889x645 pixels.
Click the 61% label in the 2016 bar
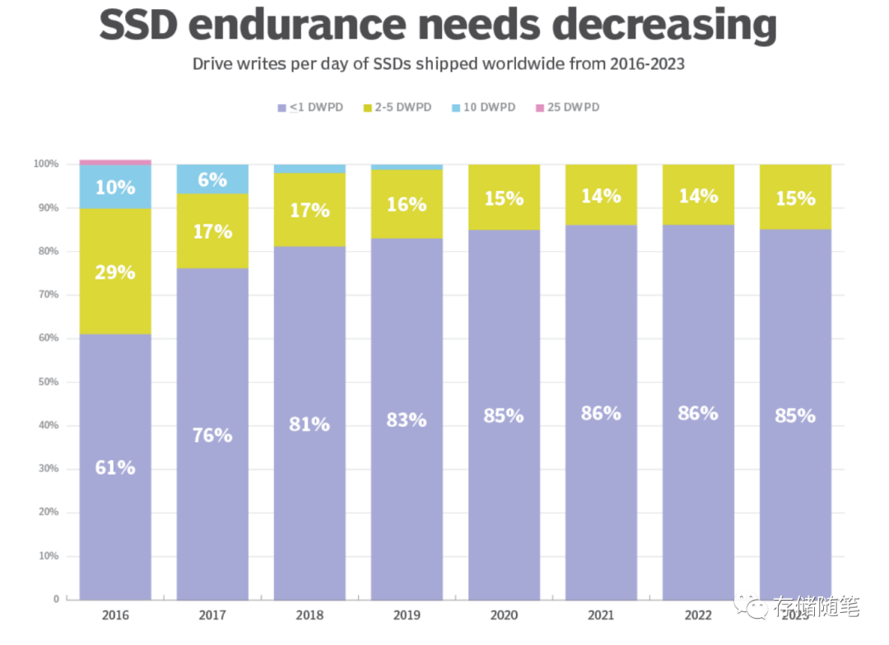(115, 467)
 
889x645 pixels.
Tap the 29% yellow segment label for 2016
(115, 271)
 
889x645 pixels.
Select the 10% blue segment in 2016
(115, 187)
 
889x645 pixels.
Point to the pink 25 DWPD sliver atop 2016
(115, 162)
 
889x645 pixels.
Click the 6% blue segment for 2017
(212, 179)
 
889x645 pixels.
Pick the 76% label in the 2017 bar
(212, 434)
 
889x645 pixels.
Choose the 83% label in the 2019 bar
(407, 420)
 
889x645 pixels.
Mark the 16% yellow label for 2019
(407, 204)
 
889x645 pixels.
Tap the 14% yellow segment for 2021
(601, 196)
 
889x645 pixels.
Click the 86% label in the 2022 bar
(698, 413)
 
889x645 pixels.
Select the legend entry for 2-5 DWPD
(398, 108)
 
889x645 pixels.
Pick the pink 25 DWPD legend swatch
(539, 108)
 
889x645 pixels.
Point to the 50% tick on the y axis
(46, 382)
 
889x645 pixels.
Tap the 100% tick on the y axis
(46, 165)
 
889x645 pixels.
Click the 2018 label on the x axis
(310, 615)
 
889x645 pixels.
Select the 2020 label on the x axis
(504, 615)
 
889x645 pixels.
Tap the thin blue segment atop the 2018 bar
(310, 169)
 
